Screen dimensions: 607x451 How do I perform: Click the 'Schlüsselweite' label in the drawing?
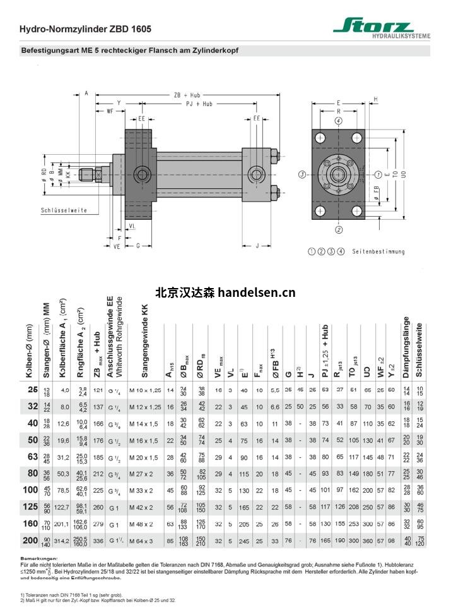pos(64,210)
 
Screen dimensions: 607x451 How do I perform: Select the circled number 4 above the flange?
pos(339,121)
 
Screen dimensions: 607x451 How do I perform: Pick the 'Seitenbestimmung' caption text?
pos(378,251)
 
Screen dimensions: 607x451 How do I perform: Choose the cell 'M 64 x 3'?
pos(144,541)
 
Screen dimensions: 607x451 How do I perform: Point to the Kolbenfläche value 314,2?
pos(64,541)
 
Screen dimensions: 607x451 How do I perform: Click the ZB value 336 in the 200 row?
pos(97,541)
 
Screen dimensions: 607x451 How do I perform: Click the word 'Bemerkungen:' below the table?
pos(38,558)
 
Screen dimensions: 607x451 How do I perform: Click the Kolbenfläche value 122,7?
pos(64,507)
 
